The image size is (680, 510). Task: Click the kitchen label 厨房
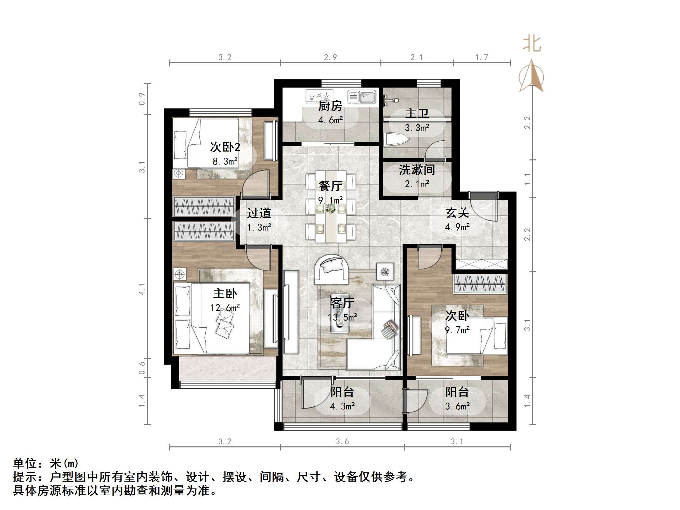[x=330, y=106]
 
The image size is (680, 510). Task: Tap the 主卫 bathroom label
[x=417, y=114]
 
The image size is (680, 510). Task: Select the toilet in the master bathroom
[x=397, y=140]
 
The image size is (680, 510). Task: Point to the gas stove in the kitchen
[x=319, y=96]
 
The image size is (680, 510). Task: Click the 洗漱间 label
[x=417, y=170]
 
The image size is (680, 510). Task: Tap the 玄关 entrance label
[x=457, y=213]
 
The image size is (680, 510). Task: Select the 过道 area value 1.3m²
[x=259, y=227]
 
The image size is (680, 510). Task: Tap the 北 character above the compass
[x=532, y=44]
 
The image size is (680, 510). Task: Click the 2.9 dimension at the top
[x=330, y=57]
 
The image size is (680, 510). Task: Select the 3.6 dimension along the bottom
[x=342, y=442]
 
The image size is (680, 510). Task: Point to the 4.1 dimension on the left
[x=142, y=289]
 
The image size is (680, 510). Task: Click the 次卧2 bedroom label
[x=225, y=147]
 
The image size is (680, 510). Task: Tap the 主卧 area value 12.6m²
[x=225, y=308]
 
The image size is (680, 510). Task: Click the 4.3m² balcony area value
[x=342, y=406]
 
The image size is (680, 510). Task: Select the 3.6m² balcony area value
[x=457, y=406]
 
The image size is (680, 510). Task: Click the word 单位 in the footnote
[x=25, y=463]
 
